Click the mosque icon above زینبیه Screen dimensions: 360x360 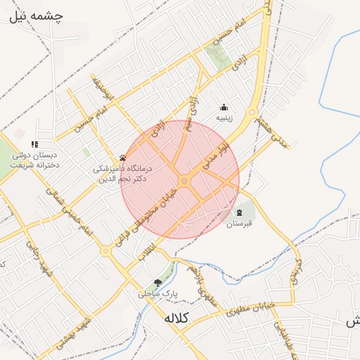[224, 108]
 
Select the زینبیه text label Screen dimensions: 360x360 [224, 118]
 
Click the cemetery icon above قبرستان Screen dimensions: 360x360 [239, 212]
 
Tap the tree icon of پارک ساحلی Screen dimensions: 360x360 [157, 283]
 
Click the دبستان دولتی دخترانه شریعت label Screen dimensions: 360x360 [35, 160]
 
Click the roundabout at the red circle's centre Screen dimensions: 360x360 [184, 181]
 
